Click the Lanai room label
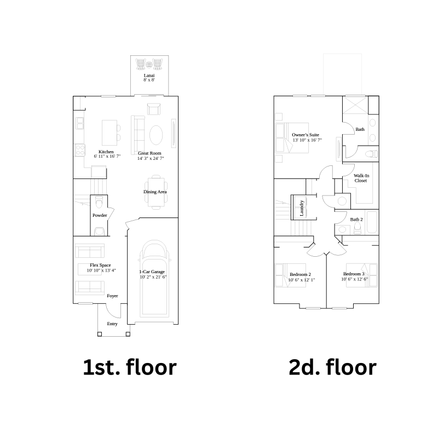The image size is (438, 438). click(x=149, y=76)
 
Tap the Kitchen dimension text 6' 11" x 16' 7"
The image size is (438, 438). click(x=107, y=156)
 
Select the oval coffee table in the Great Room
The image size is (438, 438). click(x=156, y=135)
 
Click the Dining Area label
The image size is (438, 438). click(x=155, y=192)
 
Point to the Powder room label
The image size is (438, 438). click(x=100, y=215)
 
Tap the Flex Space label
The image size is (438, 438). click(x=100, y=265)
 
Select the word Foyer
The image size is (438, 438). click(x=112, y=296)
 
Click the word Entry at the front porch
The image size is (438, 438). click(x=112, y=324)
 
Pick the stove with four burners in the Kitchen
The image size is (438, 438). click(x=79, y=149)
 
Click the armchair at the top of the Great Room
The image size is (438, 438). click(x=154, y=109)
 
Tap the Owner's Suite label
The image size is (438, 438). click(x=306, y=135)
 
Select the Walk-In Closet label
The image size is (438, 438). click(x=361, y=178)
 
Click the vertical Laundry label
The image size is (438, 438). click(x=302, y=208)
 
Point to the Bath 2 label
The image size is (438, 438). click(x=356, y=220)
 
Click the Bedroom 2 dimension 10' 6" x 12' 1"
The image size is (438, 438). click(x=302, y=280)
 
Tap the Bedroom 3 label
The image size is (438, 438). click(x=354, y=274)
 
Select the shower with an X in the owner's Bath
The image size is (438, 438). click(x=355, y=105)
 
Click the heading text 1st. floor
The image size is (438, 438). click(x=130, y=367)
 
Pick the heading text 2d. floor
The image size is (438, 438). click(x=332, y=367)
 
